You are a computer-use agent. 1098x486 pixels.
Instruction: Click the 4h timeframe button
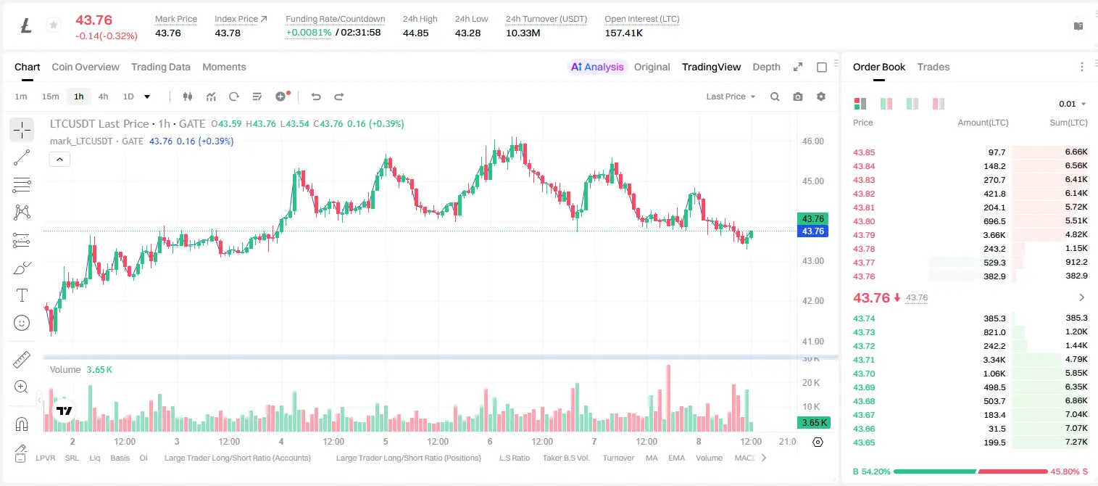coord(103,96)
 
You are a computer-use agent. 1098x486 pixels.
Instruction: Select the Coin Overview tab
coord(86,67)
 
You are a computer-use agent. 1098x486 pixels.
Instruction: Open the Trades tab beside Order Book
coord(933,67)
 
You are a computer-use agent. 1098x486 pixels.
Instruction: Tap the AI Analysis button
coord(597,67)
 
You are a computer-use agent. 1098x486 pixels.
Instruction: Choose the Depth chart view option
coord(766,67)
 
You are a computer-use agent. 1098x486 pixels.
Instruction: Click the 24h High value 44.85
coord(416,33)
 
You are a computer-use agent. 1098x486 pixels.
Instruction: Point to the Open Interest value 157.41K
coord(623,33)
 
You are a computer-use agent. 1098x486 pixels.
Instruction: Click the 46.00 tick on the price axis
coord(812,141)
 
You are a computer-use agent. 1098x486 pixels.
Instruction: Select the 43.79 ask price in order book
coord(864,235)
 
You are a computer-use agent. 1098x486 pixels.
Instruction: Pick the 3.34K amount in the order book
coord(994,360)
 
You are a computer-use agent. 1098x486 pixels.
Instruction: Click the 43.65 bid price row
coord(864,442)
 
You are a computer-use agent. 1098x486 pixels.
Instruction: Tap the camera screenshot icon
coord(798,96)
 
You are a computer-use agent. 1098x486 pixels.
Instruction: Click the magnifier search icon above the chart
coord(775,96)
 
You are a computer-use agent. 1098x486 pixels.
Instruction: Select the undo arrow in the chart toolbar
coord(316,96)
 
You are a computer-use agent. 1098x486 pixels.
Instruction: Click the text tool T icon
coord(22,295)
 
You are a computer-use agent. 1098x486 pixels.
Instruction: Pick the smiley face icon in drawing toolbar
coord(22,323)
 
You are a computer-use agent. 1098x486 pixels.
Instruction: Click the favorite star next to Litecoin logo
coord(54,25)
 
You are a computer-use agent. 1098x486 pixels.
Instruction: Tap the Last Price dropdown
coord(731,96)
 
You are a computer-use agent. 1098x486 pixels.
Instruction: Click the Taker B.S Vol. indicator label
coord(565,458)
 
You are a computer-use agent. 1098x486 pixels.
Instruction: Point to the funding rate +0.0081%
coord(309,33)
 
